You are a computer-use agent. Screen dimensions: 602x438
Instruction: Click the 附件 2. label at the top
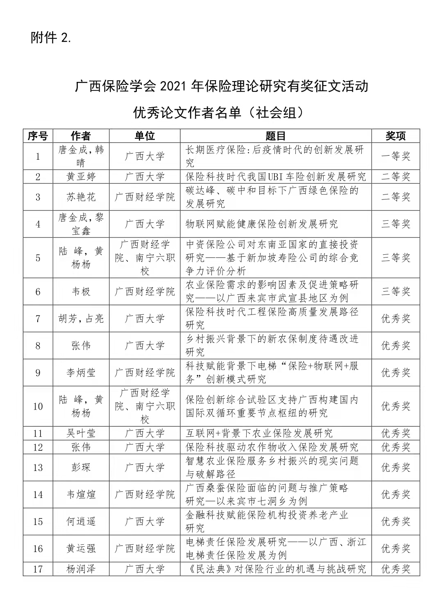point(51,38)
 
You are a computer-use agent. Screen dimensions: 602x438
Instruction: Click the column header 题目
point(275,136)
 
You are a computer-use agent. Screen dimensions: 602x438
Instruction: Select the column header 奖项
point(395,136)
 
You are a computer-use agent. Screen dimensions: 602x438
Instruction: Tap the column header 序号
point(38,136)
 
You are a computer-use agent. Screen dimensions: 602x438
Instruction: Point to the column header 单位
point(145,136)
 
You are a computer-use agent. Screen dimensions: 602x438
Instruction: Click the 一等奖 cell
point(395,156)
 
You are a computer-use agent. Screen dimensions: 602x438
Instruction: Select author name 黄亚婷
point(81,177)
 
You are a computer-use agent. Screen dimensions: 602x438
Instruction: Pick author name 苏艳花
point(81,197)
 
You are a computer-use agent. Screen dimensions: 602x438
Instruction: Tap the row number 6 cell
point(38,292)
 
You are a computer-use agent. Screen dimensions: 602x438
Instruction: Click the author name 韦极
point(81,292)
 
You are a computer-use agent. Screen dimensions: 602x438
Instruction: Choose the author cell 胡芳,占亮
point(81,319)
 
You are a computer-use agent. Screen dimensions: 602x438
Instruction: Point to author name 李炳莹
point(81,373)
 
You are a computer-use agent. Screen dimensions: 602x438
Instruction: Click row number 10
point(38,406)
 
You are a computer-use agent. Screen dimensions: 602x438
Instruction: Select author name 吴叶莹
point(81,433)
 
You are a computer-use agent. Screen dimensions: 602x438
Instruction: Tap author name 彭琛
point(81,467)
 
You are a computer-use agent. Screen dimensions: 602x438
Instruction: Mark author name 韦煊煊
point(81,494)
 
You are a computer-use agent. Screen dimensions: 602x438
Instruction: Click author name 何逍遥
point(81,521)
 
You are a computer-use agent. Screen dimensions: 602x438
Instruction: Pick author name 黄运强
point(81,548)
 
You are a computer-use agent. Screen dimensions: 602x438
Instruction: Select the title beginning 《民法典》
point(275,569)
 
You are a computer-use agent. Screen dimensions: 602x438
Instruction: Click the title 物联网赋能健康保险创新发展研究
point(262,224)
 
